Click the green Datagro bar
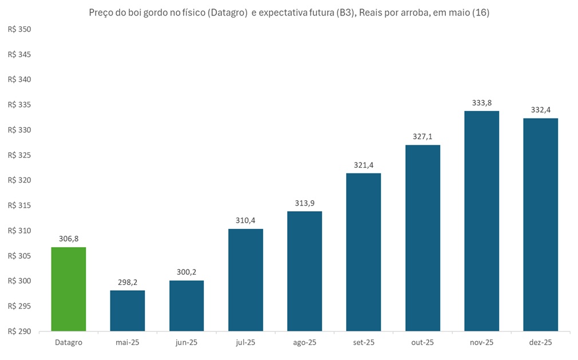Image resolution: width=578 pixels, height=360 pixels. pyautogui.click(x=69, y=289)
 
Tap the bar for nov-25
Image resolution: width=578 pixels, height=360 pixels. pyautogui.click(x=481, y=221)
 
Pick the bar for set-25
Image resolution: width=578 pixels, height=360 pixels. pyautogui.click(x=363, y=252)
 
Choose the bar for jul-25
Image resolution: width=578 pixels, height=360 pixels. pyautogui.click(x=246, y=280)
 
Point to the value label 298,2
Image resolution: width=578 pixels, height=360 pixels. pyautogui.click(x=128, y=283)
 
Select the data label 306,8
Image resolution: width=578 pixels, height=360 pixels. pyautogui.click(x=69, y=240)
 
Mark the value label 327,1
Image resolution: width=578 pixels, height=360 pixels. pyautogui.click(x=422, y=137)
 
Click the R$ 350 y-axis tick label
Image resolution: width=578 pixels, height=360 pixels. pyautogui.click(x=19, y=29)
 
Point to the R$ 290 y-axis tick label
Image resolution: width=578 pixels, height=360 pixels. pyautogui.click(x=19, y=331)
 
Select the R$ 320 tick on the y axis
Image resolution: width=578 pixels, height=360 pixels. pyautogui.click(x=19, y=180)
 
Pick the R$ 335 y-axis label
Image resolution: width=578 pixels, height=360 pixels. pyautogui.click(x=19, y=105)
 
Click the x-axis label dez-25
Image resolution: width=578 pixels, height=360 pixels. pyautogui.click(x=540, y=342)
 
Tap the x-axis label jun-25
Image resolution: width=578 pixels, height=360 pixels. pyautogui.click(x=187, y=342)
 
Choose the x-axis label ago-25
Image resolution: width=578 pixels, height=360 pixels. pyautogui.click(x=304, y=342)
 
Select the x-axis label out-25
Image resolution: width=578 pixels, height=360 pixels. pyautogui.click(x=422, y=342)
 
